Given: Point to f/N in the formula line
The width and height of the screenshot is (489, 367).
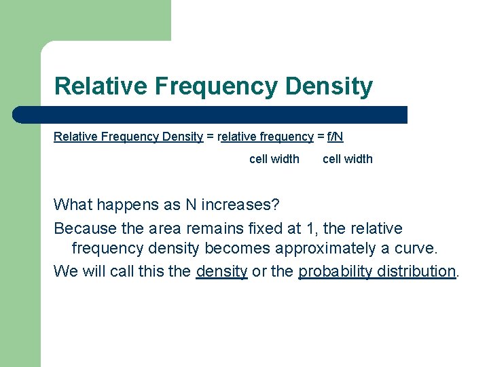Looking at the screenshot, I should coord(335,137).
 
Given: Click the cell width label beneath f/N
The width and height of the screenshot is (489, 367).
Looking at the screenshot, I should coord(347,159).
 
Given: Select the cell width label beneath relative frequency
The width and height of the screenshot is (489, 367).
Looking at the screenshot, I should coord(274,159).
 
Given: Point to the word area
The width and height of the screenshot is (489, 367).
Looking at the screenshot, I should coord(165,228).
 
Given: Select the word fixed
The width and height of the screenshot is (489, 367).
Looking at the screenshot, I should coord(265,228).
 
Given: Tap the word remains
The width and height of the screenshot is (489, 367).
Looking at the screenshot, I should coord(213,228).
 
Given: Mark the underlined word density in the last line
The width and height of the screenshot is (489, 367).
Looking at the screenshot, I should coord(221,271).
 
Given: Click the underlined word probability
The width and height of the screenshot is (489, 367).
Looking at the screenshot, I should coord(336,271).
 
